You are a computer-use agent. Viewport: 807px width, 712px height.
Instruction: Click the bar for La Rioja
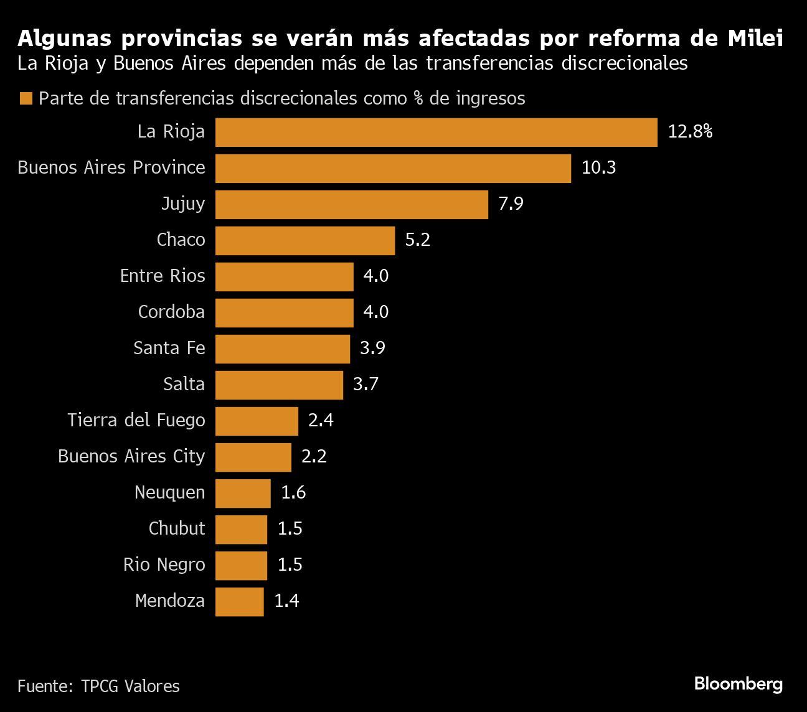(436, 132)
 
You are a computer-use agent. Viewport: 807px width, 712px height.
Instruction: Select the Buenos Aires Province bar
(393, 168)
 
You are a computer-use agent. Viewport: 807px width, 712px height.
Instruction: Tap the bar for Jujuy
(351, 204)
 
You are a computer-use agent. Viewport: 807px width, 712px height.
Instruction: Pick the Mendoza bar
(239, 601)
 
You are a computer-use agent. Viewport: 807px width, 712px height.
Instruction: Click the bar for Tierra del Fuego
(257, 421)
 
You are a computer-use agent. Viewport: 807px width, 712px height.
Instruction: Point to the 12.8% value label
(690, 131)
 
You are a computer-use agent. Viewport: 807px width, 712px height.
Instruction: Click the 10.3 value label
(598, 167)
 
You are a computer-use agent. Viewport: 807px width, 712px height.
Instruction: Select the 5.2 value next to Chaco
(417, 240)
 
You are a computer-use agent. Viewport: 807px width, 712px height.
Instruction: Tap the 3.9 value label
(372, 348)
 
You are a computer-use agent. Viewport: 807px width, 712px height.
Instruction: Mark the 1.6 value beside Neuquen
(293, 492)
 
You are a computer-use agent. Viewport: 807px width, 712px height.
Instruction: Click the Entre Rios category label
(163, 276)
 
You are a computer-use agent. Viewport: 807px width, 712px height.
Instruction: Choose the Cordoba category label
(171, 312)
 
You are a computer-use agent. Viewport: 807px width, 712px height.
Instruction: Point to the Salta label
(184, 384)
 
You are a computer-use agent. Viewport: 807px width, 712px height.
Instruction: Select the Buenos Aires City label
(131, 456)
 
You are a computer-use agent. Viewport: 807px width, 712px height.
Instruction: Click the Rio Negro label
(164, 564)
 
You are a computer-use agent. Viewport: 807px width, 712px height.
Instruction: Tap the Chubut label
(177, 528)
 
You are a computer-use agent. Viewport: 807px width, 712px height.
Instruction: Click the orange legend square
(26, 99)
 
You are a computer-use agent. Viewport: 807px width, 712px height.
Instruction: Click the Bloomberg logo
(738, 684)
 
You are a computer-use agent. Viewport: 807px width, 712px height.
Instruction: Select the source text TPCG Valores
(130, 686)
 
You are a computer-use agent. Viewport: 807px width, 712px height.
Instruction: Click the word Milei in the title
(755, 39)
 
